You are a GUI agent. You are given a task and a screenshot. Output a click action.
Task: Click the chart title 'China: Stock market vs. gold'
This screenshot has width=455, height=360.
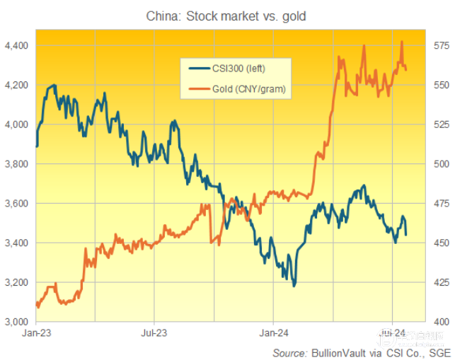point(226,15)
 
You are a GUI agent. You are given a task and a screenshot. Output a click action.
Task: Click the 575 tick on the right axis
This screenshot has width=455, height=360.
point(440,45)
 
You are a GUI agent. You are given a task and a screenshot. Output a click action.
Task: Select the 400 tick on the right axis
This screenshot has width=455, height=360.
point(440,322)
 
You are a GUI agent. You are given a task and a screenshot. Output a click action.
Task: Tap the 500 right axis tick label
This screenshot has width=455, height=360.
point(440,164)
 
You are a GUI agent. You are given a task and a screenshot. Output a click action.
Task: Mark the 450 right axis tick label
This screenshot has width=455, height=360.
point(440,243)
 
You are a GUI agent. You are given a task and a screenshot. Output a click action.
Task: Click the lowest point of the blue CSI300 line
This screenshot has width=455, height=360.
point(294,286)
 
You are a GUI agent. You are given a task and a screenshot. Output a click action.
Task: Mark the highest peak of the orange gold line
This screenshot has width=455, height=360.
point(402,42)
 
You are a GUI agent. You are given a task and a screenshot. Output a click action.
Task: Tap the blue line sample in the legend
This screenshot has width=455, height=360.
point(199,69)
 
